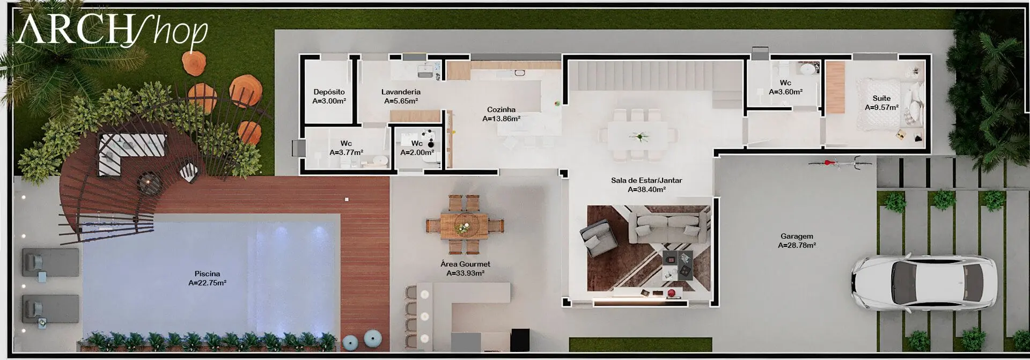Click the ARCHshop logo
coord(112,31)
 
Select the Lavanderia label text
coord(401,92)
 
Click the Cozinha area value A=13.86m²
coord(501,119)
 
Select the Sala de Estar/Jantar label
coord(646,180)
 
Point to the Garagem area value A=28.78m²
coord(797,245)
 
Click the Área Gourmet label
coord(465,264)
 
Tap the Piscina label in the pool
coord(207,274)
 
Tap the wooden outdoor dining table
coord(465,225)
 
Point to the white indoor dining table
coord(638,136)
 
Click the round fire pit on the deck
coord(149,182)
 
